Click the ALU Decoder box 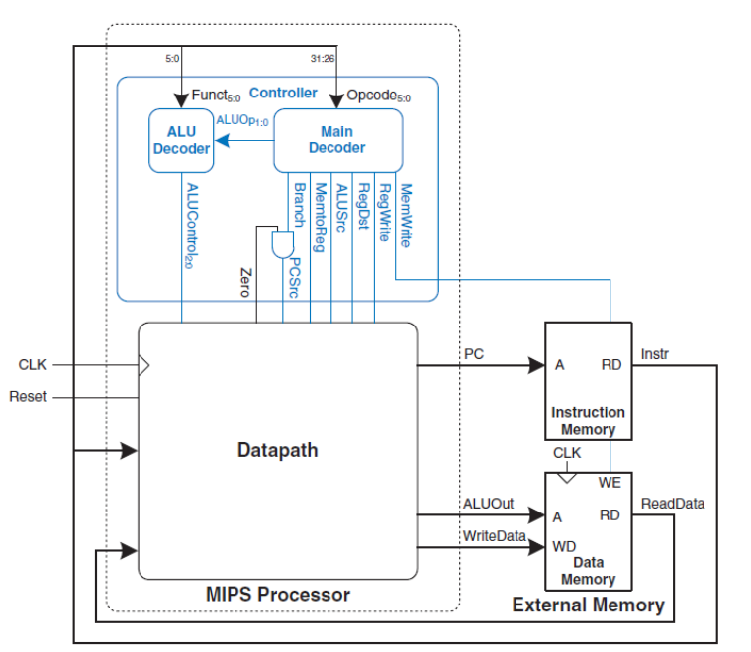(x=181, y=140)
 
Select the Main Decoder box (x=336, y=140)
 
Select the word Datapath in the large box (x=278, y=450)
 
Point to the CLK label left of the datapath (x=33, y=365)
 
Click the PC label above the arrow (x=474, y=352)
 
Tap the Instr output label (x=655, y=352)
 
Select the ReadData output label (x=673, y=504)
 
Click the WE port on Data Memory (x=610, y=484)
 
